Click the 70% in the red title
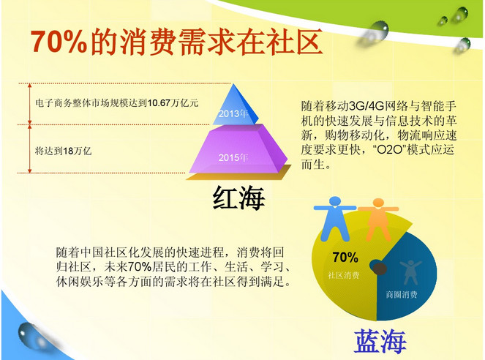59,42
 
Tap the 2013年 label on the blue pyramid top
233,114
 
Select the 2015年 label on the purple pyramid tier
233,158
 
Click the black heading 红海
238,198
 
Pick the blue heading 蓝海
380,340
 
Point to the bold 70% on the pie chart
345,257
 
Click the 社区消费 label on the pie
343,275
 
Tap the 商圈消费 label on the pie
402,294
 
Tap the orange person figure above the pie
378,220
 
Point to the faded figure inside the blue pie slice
410,272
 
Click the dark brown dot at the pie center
379,268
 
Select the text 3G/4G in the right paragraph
366,106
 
